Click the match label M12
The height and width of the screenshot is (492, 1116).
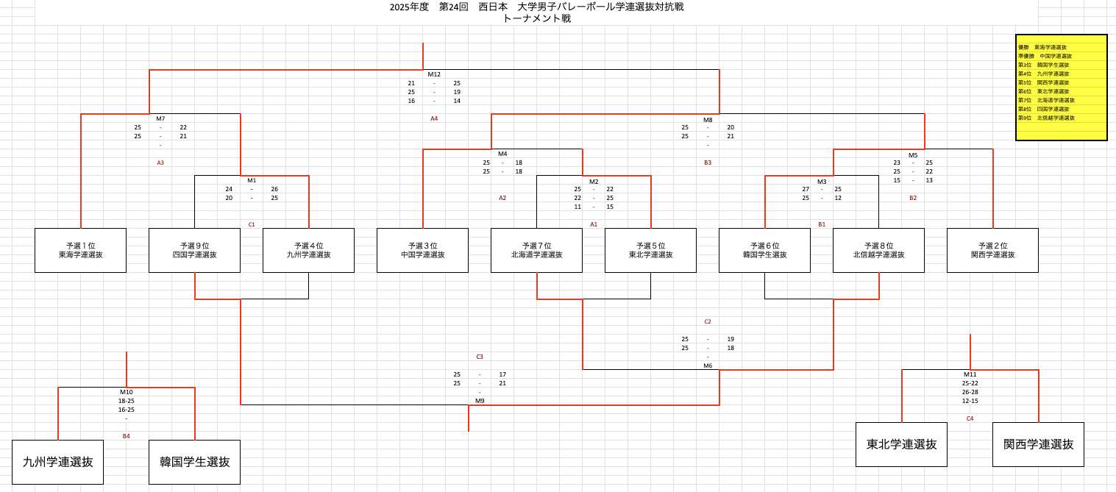point(434,74)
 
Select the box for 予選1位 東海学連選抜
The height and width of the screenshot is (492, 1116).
point(81,250)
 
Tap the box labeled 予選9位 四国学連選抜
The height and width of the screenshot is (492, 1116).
point(195,250)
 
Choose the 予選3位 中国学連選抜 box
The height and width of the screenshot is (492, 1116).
point(423,250)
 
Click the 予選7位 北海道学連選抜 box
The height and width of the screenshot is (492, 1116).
point(537,250)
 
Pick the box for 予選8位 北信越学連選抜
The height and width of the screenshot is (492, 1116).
point(878,250)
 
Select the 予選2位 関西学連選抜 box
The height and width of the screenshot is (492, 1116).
point(992,250)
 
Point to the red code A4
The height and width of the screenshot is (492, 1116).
point(434,118)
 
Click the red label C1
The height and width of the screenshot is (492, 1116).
point(252,224)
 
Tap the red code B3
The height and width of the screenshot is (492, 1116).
point(708,163)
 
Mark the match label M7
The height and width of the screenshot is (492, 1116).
point(160,118)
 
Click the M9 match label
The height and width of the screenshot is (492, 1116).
point(480,401)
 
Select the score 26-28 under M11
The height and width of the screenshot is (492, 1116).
point(970,392)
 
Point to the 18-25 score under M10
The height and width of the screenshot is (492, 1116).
point(127,401)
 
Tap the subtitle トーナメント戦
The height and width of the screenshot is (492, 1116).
point(537,18)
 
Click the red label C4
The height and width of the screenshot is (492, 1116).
point(970,418)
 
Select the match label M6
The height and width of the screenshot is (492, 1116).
point(708,366)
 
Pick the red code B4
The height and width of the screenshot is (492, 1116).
point(127,436)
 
